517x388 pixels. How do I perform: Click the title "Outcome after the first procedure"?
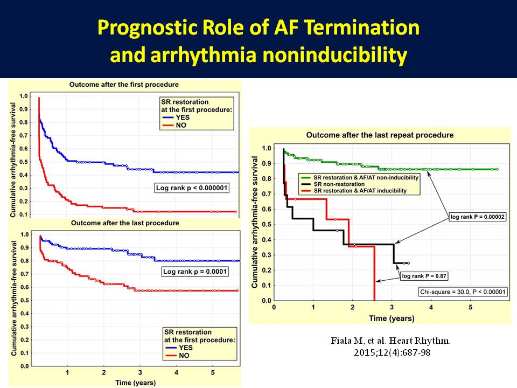tap(124, 85)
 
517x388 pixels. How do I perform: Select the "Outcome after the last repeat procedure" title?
tap(380, 135)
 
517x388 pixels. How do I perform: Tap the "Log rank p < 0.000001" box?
tap(192, 188)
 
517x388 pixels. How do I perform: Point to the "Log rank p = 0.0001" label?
tap(195, 272)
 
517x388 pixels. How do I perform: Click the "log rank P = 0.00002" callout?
tap(478, 217)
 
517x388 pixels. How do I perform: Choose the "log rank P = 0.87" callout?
tap(424, 276)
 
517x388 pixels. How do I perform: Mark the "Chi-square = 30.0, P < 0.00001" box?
tap(463, 292)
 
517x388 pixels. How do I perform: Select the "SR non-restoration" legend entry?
tap(333, 184)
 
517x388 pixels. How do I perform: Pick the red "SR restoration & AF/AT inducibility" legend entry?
tap(354, 191)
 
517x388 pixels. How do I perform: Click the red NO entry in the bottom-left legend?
tap(177, 355)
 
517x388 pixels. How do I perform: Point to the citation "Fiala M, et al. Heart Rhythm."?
tap(391, 341)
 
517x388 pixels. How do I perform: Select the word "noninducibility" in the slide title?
tap(334, 55)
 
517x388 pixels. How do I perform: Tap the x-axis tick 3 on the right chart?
tap(392, 308)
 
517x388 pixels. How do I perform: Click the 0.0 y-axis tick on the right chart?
tap(267, 301)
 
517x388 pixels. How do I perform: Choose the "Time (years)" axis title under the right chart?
tap(392, 318)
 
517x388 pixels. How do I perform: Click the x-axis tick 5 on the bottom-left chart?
tap(213, 372)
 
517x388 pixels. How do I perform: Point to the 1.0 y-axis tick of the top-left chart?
tap(23, 96)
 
